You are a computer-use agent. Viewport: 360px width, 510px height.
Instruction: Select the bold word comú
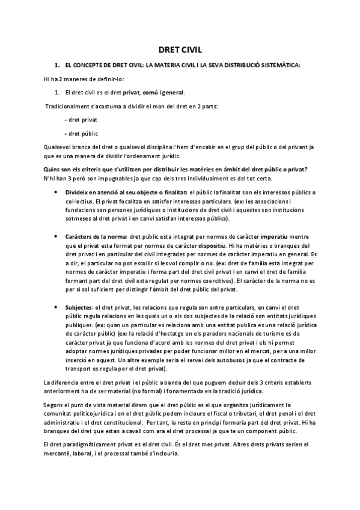pyautogui.click(x=150, y=92)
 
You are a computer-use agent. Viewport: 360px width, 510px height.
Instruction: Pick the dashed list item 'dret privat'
pyautogui.click(x=83, y=120)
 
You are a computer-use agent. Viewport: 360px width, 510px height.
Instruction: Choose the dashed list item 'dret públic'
pyautogui.click(x=83, y=133)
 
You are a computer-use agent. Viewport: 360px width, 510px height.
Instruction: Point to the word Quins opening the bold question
pyautogui.click(x=52, y=168)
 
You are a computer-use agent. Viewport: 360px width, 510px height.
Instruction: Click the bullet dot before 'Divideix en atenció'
pyautogui.click(x=56, y=192)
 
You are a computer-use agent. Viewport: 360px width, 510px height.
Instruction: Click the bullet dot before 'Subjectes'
pyautogui.click(x=56, y=307)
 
